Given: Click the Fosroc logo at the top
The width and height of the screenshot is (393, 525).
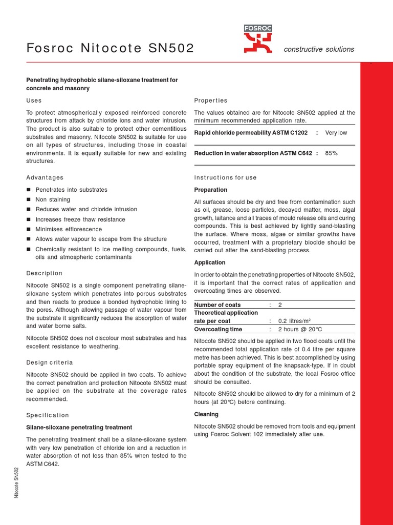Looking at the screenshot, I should click(258, 39).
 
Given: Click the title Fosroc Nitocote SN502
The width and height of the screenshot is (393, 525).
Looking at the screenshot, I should click(110, 49).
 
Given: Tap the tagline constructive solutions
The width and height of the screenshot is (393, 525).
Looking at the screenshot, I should click(319, 49).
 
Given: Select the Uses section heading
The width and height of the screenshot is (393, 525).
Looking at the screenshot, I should click(34, 100).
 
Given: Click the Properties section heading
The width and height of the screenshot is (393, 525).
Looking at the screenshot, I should click(211, 100).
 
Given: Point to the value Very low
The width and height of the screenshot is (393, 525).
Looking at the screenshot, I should click(336, 133).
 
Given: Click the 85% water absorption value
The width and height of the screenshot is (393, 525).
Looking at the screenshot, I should click(331, 153).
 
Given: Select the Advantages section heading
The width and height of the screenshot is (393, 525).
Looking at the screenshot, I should click(45, 177).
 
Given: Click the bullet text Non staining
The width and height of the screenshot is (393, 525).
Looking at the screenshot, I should click(53, 199).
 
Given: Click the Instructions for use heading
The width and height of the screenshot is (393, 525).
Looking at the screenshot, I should click(225, 177).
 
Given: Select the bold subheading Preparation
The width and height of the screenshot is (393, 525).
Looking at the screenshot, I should click(211, 190).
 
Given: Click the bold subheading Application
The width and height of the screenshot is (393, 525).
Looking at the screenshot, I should click(210, 262).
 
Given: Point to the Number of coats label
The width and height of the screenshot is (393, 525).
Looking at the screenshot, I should click(217, 305).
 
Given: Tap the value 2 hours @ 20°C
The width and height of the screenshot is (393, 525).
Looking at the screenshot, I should click(300, 329).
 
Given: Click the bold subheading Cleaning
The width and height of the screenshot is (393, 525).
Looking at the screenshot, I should click(206, 414).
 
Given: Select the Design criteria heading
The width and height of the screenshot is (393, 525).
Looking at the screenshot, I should click(49, 362).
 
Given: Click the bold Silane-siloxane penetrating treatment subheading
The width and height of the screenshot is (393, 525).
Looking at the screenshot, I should click(79, 427).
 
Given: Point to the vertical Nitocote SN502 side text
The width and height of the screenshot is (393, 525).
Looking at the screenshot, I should click(16, 482).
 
